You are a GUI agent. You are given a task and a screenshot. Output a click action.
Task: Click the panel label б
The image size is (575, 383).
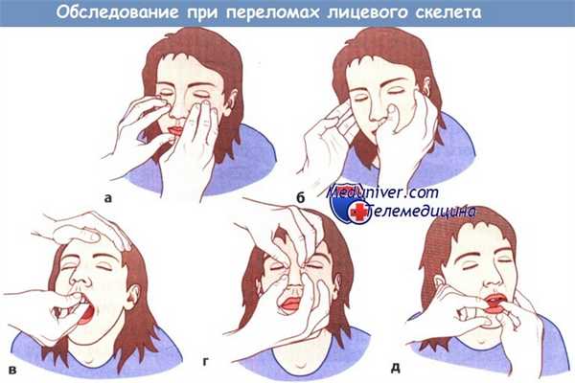coord(301,197)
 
